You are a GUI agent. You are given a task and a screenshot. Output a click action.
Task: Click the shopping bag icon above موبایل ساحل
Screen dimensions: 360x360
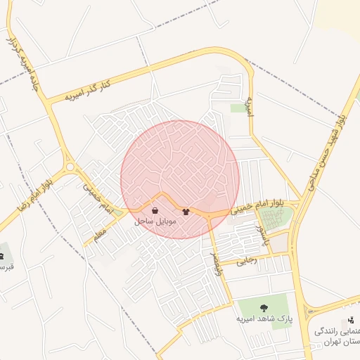(155, 210)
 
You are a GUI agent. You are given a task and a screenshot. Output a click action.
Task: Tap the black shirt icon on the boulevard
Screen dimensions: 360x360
(186, 210)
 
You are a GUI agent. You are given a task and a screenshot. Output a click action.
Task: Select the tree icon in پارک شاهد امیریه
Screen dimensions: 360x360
(264, 307)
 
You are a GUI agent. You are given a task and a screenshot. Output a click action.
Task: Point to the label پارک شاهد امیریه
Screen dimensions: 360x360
(264, 319)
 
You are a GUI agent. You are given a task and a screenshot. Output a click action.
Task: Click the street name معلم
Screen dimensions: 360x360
(99, 232)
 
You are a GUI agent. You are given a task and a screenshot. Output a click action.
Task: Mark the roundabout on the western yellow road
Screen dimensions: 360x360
(70, 167)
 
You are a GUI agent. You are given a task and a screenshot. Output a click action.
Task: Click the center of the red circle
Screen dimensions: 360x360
(180, 179)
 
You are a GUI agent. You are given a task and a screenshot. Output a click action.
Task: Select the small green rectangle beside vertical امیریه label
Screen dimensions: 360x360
(238, 108)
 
